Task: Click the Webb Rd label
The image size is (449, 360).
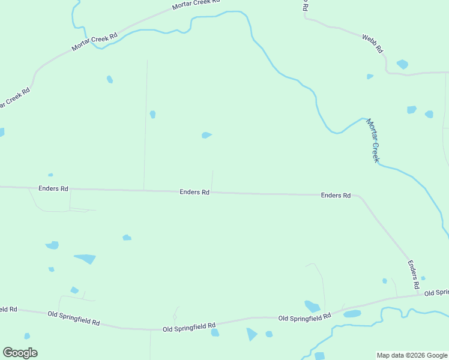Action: click(373, 44)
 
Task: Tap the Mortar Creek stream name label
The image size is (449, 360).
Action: click(373, 140)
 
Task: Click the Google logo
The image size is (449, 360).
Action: click(20, 353)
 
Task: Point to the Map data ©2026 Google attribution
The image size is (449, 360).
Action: click(412, 355)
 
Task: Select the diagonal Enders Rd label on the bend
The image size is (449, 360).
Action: click(413, 272)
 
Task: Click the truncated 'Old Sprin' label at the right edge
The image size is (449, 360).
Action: click(436, 293)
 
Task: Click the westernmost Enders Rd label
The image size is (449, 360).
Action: click(53, 188)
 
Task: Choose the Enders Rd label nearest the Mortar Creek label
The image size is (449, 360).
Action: click(336, 196)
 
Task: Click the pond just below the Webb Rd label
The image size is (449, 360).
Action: click(402, 64)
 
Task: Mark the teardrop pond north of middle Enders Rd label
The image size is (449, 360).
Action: click(206, 135)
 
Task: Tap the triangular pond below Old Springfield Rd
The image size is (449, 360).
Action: click(252, 334)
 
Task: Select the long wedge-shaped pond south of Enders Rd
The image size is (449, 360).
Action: click(86, 259)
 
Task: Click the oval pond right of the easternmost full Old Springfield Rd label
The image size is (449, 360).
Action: click(352, 314)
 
